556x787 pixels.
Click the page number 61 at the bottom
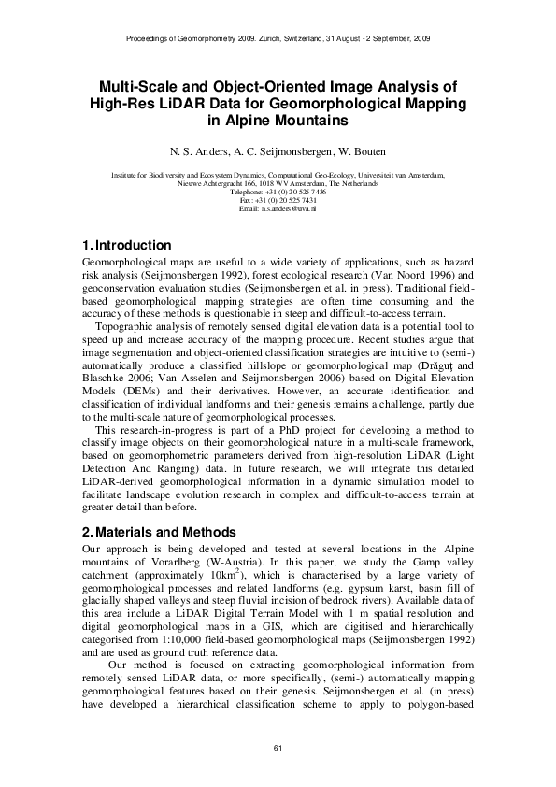click(x=278, y=745)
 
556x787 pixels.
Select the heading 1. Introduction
click(x=127, y=245)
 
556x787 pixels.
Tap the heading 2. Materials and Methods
click(x=159, y=532)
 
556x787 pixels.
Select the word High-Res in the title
click(x=125, y=103)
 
